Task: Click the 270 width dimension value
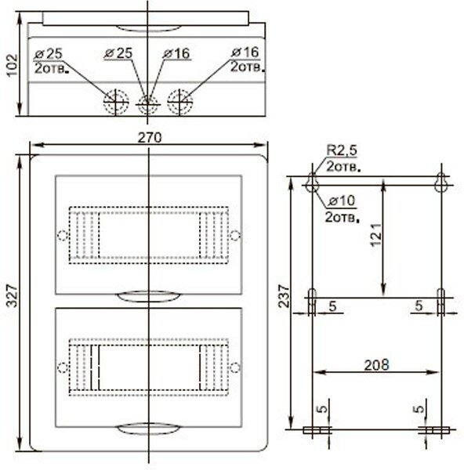tap(150, 138)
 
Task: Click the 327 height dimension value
tap(13, 296)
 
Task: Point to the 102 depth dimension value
tap(13, 65)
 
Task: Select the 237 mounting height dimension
tap(284, 296)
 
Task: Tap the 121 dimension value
tap(375, 235)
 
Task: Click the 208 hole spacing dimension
tap(376, 365)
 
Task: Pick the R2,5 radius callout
tap(342, 150)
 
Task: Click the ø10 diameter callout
tap(341, 201)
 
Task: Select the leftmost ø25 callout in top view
tap(48, 54)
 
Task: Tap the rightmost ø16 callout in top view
tap(245, 52)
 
